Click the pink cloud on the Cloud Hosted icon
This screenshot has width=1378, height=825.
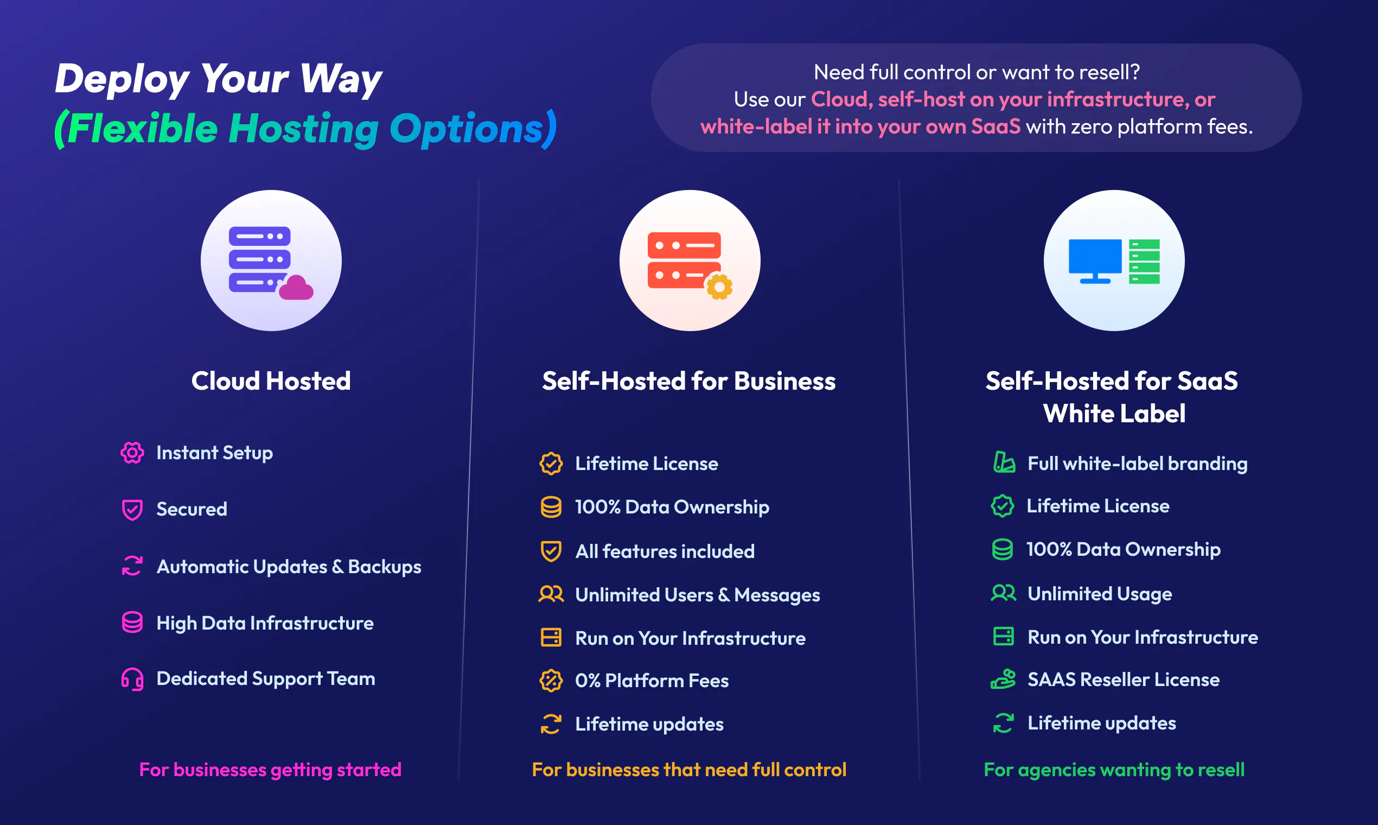coord(296,288)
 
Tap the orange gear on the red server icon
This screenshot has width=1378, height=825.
coord(719,287)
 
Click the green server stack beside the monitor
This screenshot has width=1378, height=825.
coord(1144,261)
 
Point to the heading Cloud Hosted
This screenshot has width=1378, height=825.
coord(271,381)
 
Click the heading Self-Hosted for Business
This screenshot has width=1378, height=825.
coord(689,381)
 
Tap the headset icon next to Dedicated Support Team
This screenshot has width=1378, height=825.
coord(132,679)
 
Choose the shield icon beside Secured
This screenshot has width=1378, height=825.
coord(132,509)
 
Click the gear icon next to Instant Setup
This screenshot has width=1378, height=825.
coord(132,453)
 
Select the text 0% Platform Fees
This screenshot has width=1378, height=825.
coord(652,681)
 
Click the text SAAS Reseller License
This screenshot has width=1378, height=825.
coord(1124,680)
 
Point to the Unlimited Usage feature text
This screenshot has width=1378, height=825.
coord(1100,594)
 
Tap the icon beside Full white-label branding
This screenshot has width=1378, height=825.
coord(1004,462)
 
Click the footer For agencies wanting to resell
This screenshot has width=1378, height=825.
coord(1114,770)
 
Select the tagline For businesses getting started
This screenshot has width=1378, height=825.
coord(270,770)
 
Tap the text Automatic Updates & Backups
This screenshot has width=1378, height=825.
coord(289,567)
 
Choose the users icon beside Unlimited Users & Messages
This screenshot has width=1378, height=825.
coord(551,594)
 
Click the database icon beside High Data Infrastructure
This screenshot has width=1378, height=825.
coord(132,623)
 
